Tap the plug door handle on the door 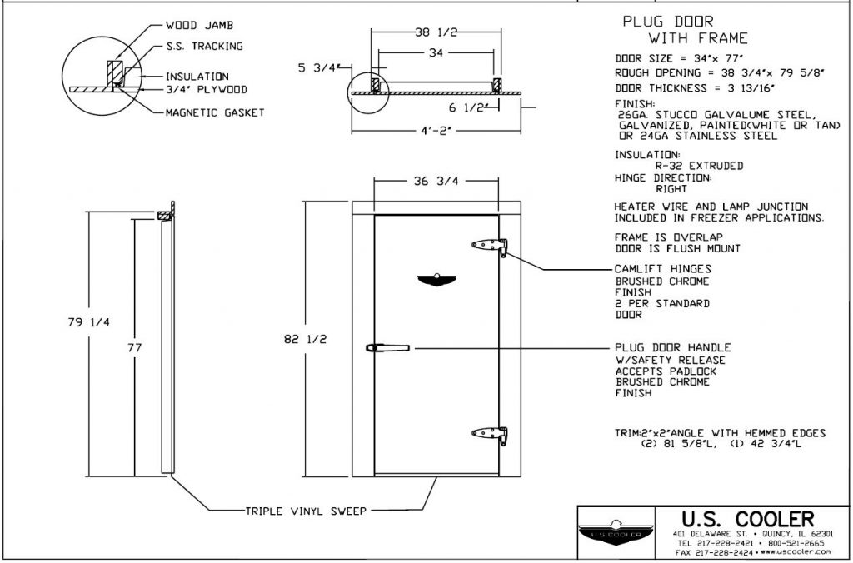pos(387,348)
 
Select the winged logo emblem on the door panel pos(436,280)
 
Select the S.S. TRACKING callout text pos(204,47)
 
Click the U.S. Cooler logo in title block pos(620,531)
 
